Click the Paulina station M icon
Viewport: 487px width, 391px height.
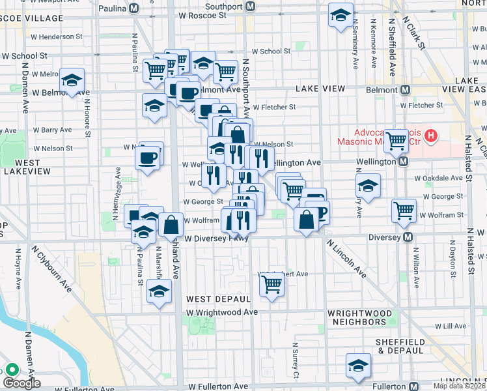coord(134,8)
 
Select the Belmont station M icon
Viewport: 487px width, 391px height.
coord(404,89)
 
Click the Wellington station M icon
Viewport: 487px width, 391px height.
coord(404,161)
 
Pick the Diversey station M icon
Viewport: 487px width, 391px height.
coord(408,237)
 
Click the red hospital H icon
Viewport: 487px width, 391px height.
coord(430,137)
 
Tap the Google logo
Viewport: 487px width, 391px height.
coord(21,383)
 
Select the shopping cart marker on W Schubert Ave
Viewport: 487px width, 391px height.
coord(271,283)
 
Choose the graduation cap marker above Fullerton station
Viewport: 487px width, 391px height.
coord(358,365)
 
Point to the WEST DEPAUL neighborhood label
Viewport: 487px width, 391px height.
coord(218,298)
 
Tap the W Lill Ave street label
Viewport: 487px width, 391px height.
coord(451,326)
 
